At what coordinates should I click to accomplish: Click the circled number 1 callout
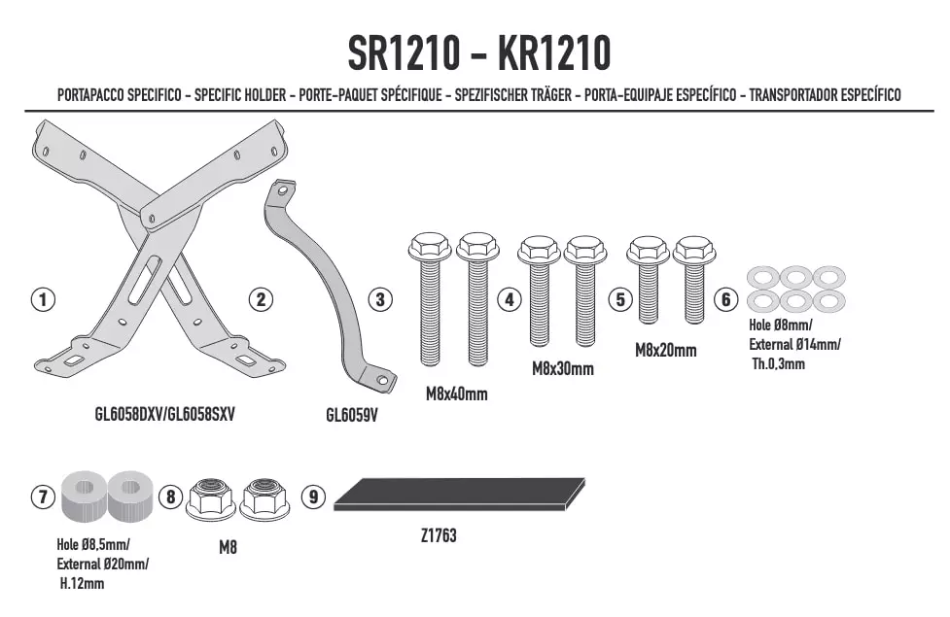(x=43, y=299)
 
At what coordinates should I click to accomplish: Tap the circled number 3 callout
(x=380, y=299)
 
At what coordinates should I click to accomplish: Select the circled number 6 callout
(x=725, y=299)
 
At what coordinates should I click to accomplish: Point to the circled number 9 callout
(x=313, y=497)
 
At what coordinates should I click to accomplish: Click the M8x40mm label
(x=456, y=394)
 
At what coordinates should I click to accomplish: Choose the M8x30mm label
(x=563, y=369)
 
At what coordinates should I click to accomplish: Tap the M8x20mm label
(x=666, y=350)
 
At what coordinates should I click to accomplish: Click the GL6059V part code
(x=351, y=415)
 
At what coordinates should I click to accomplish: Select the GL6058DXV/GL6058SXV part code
(x=164, y=414)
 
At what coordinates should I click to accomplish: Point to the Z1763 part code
(x=439, y=535)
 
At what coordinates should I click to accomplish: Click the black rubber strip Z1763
(x=459, y=494)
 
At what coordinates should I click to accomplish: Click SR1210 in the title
(x=404, y=53)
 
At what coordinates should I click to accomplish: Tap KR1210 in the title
(x=554, y=53)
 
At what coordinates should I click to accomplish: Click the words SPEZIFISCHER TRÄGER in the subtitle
(x=512, y=95)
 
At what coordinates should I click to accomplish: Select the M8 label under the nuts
(x=228, y=547)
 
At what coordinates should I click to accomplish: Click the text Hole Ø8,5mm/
(x=93, y=544)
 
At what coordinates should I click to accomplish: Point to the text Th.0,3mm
(x=779, y=364)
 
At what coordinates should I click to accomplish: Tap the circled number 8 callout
(x=171, y=497)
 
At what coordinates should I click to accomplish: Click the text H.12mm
(x=82, y=584)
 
